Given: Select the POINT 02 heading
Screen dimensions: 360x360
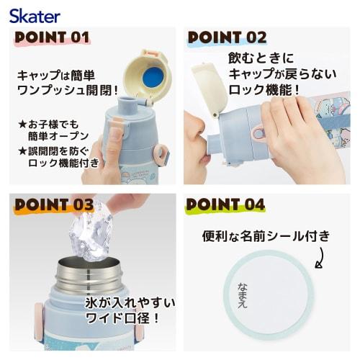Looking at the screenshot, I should [x=228, y=37].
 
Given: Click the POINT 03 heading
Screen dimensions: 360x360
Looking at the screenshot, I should [x=54, y=204].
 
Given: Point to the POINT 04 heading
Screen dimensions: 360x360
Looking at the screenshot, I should [x=225, y=204].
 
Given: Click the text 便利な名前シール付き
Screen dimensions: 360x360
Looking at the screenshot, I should [x=266, y=235].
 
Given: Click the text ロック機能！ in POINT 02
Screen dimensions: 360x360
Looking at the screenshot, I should [x=263, y=90].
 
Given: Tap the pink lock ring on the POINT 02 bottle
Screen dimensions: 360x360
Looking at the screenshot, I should [x=258, y=132].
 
